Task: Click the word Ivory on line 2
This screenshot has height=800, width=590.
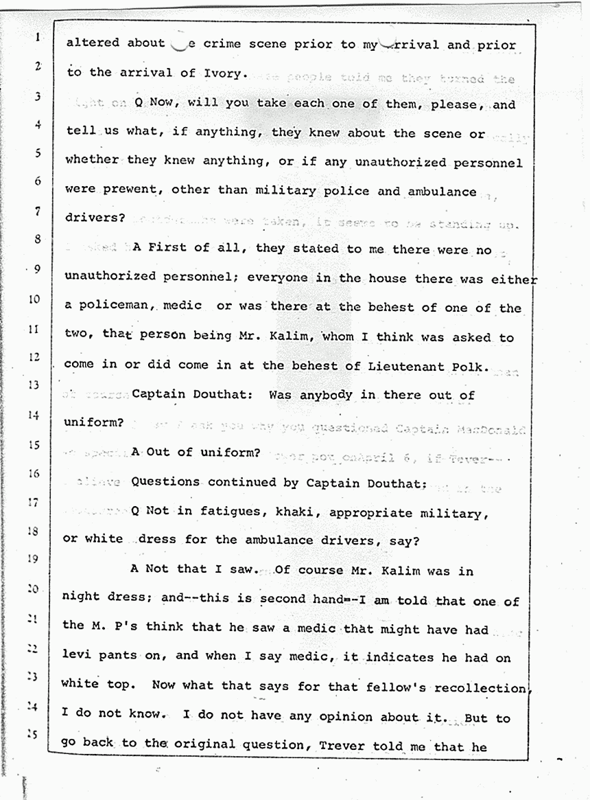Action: pos(220,73)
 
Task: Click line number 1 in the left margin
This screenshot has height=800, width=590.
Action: pos(36,38)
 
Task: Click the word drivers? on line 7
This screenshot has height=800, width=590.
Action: pos(95,218)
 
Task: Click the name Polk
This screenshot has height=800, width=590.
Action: pos(473,366)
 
